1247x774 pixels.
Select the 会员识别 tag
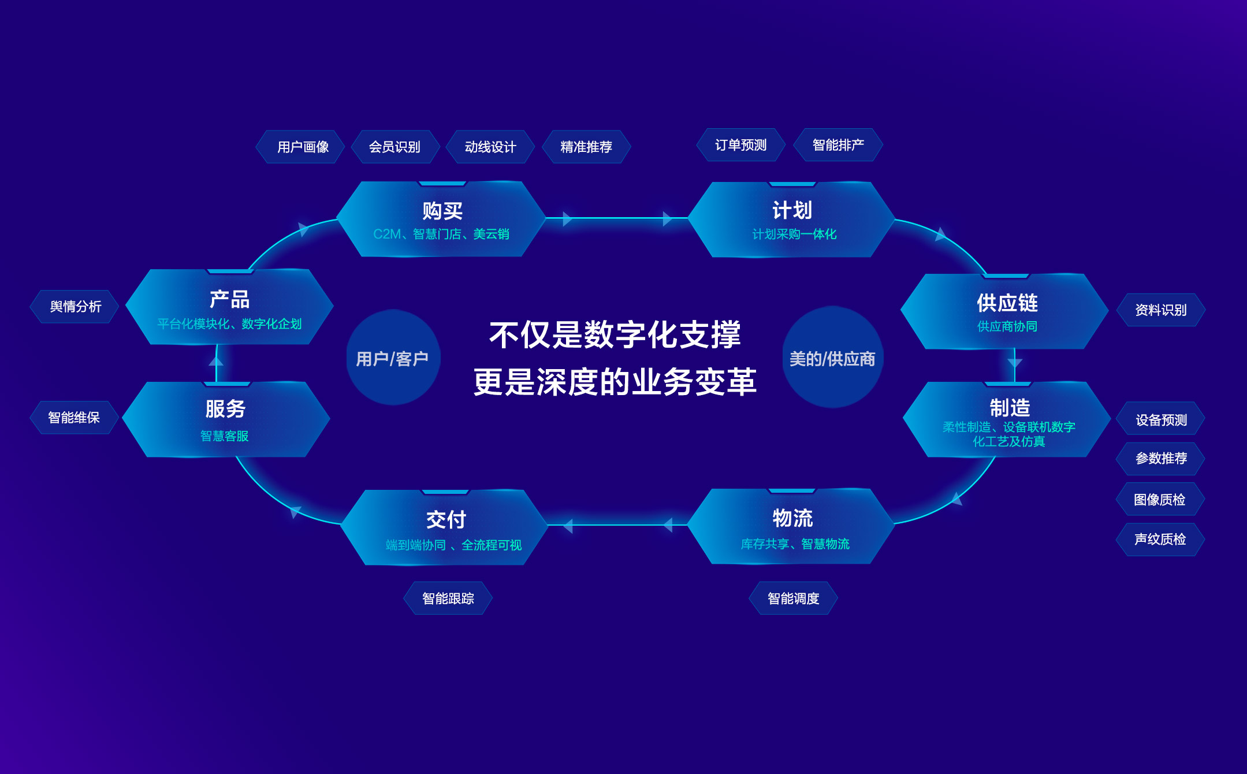(x=395, y=147)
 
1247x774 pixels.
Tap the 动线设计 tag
(x=490, y=147)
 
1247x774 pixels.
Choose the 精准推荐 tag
(x=586, y=147)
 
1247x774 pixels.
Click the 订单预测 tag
(x=741, y=145)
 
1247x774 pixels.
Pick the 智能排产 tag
(x=838, y=145)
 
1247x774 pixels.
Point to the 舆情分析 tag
(x=75, y=306)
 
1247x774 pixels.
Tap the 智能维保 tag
(x=75, y=417)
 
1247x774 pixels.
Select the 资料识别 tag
(x=1161, y=310)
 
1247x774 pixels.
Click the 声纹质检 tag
(x=1160, y=539)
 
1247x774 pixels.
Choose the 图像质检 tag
(x=1160, y=499)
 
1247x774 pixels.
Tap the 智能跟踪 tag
(x=448, y=598)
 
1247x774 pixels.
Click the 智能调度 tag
(x=794, y=598)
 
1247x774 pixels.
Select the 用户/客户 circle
(x=393, y=358)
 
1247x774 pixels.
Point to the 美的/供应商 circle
(x=832, y=358)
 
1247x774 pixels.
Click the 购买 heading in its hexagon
(x=442, y=211)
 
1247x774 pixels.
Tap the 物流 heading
(x=792, y=518)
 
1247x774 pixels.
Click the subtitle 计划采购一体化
(x=794, y=234)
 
